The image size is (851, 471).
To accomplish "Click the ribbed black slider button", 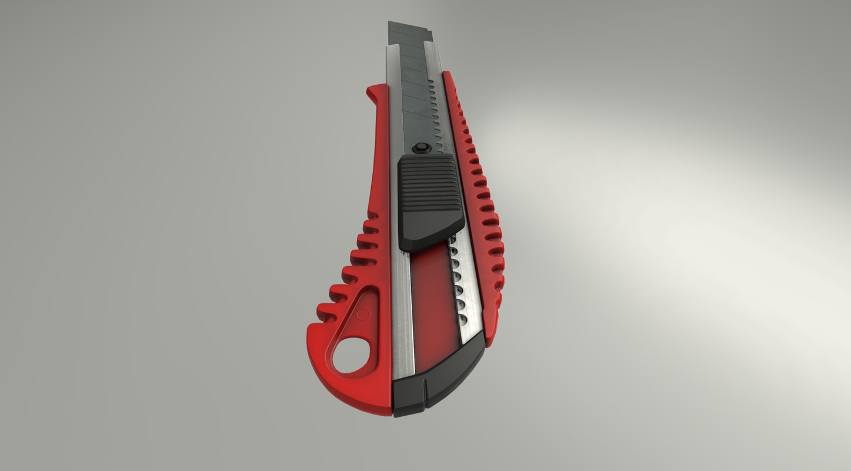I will point(428,187).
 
